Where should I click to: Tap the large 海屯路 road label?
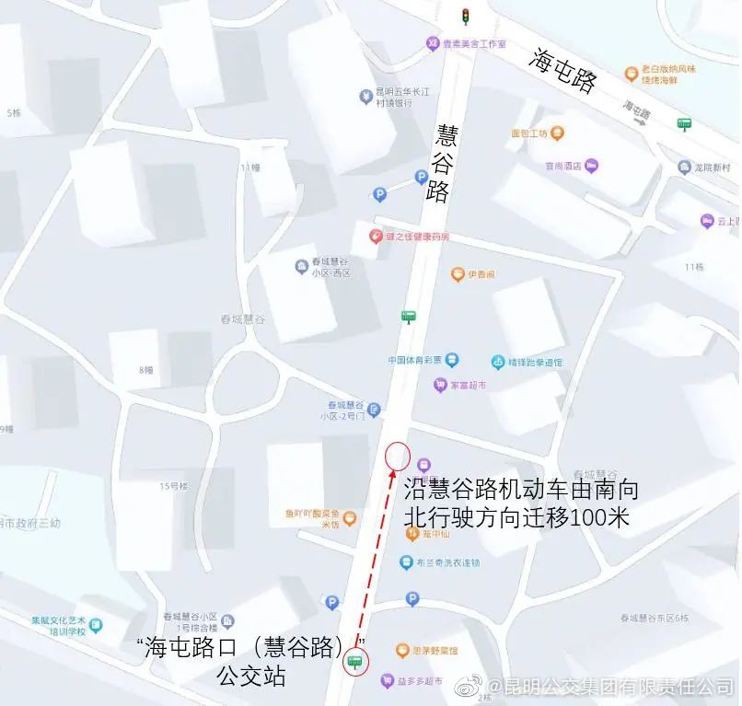tap(562, 70)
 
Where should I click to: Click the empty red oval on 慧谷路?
tap(397, 456)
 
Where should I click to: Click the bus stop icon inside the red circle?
tap(354, 660)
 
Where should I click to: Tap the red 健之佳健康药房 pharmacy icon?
tap(375, 237)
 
